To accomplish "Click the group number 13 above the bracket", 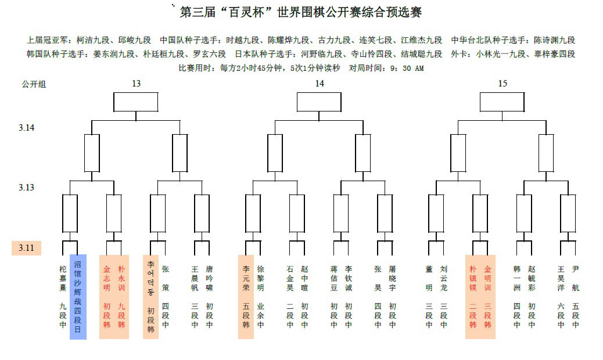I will tap(136, 84).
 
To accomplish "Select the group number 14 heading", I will tap(320, 84).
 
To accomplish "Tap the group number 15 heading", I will tap(502, 84).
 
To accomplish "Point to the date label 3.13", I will tap(27, 188).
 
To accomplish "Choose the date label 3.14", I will tap(27, 127).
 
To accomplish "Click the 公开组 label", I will tap(34, 84).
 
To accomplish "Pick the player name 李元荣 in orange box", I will tap(246, 279).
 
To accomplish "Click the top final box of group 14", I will tap(319, 102).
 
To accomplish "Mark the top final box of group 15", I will tap(502, 102).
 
